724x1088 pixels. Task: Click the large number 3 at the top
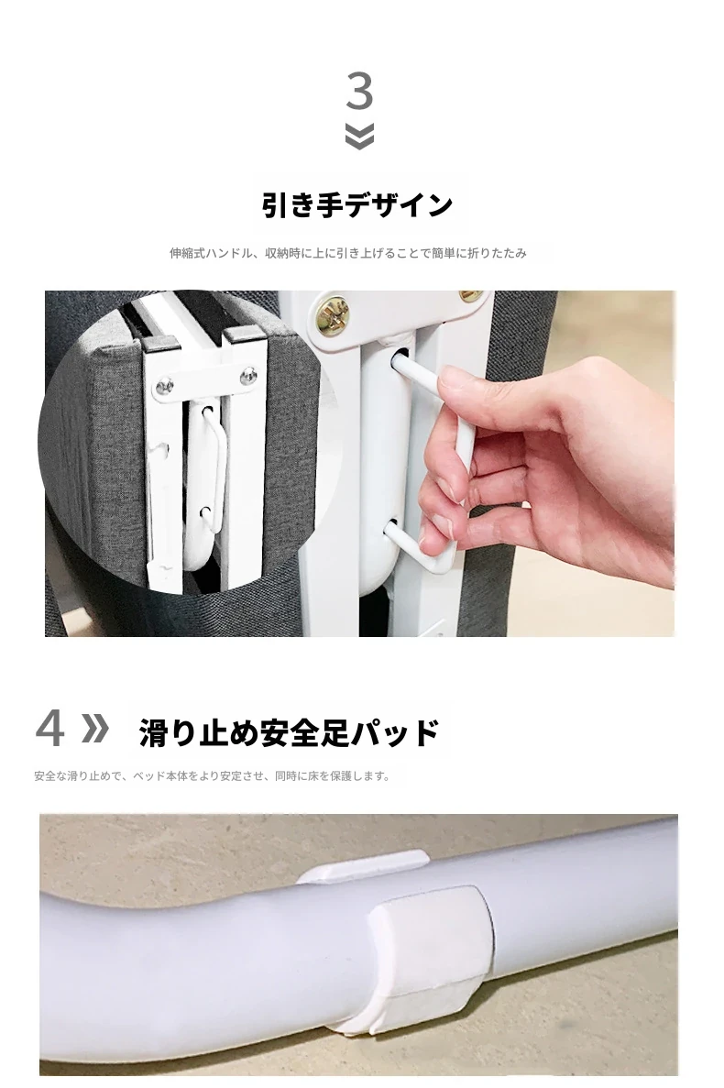pyautogui.click(x=360, y=91)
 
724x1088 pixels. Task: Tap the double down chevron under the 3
pyautogui.click(x=359, y=136)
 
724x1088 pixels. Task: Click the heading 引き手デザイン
pyautogui.click(x=357, y=205)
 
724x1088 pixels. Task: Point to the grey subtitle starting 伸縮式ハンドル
pyautogui.click(x=348, y=253)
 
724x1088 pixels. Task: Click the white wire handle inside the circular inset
pyautogui.click(x=213, y=461)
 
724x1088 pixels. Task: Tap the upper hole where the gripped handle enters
pyautogui.click(x=400, y=359)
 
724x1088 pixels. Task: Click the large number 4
pyautogui.click(x=49, y=728)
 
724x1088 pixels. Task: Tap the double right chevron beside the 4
pyautogui.click(x=95, y=728)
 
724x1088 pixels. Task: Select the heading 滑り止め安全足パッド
pyautogui.click(x=289, y=732)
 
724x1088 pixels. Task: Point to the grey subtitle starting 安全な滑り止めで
pyautogui.click(x=212, y=776)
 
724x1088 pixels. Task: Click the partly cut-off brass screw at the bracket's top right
pyautogui.click(x=472, y=296)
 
